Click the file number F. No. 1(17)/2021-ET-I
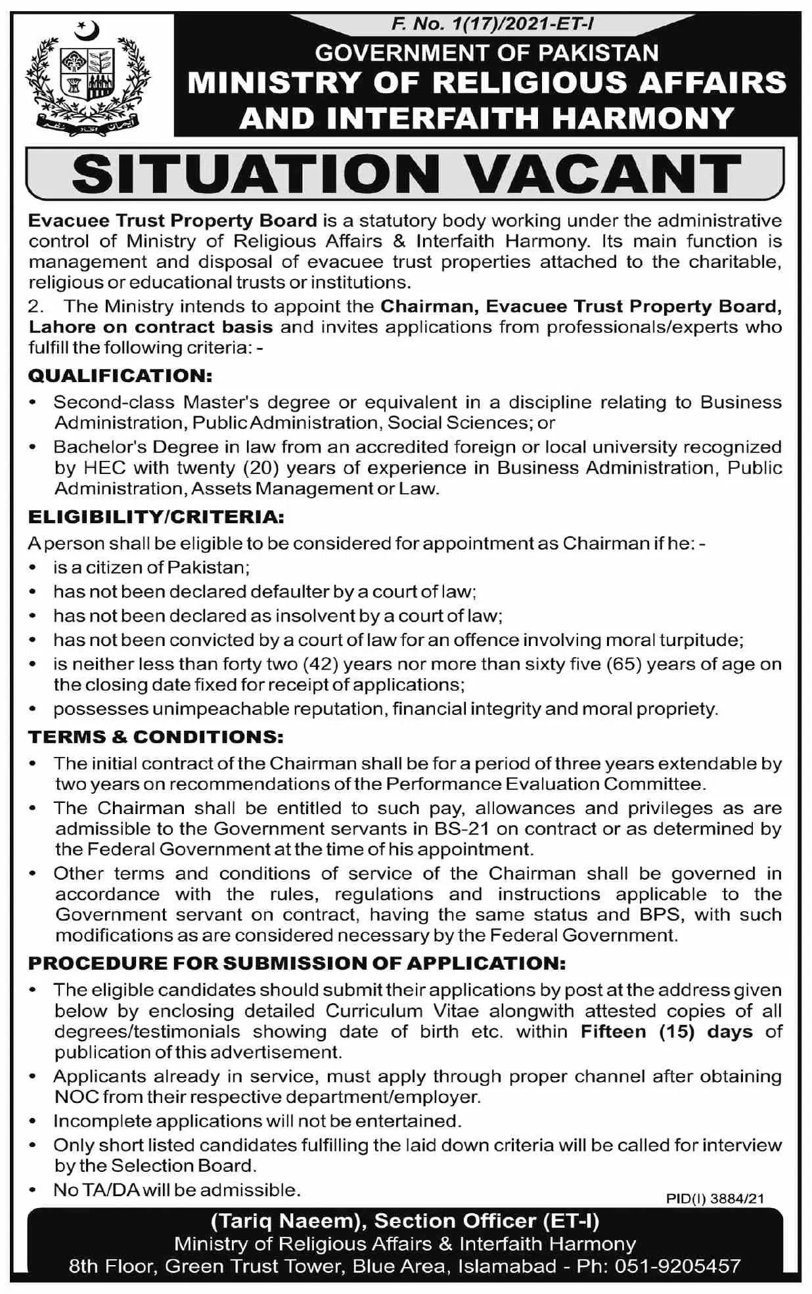tap(492, 25)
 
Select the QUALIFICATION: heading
tap(120, 376)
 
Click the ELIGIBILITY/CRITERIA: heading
tap(156, 517)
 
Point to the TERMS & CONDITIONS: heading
tap(156, 737)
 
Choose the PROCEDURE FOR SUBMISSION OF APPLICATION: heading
tap(297, 963)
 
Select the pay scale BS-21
tap(462, 829)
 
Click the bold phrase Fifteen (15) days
tap(666, 1031)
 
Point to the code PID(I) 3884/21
tap(715, 1198)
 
